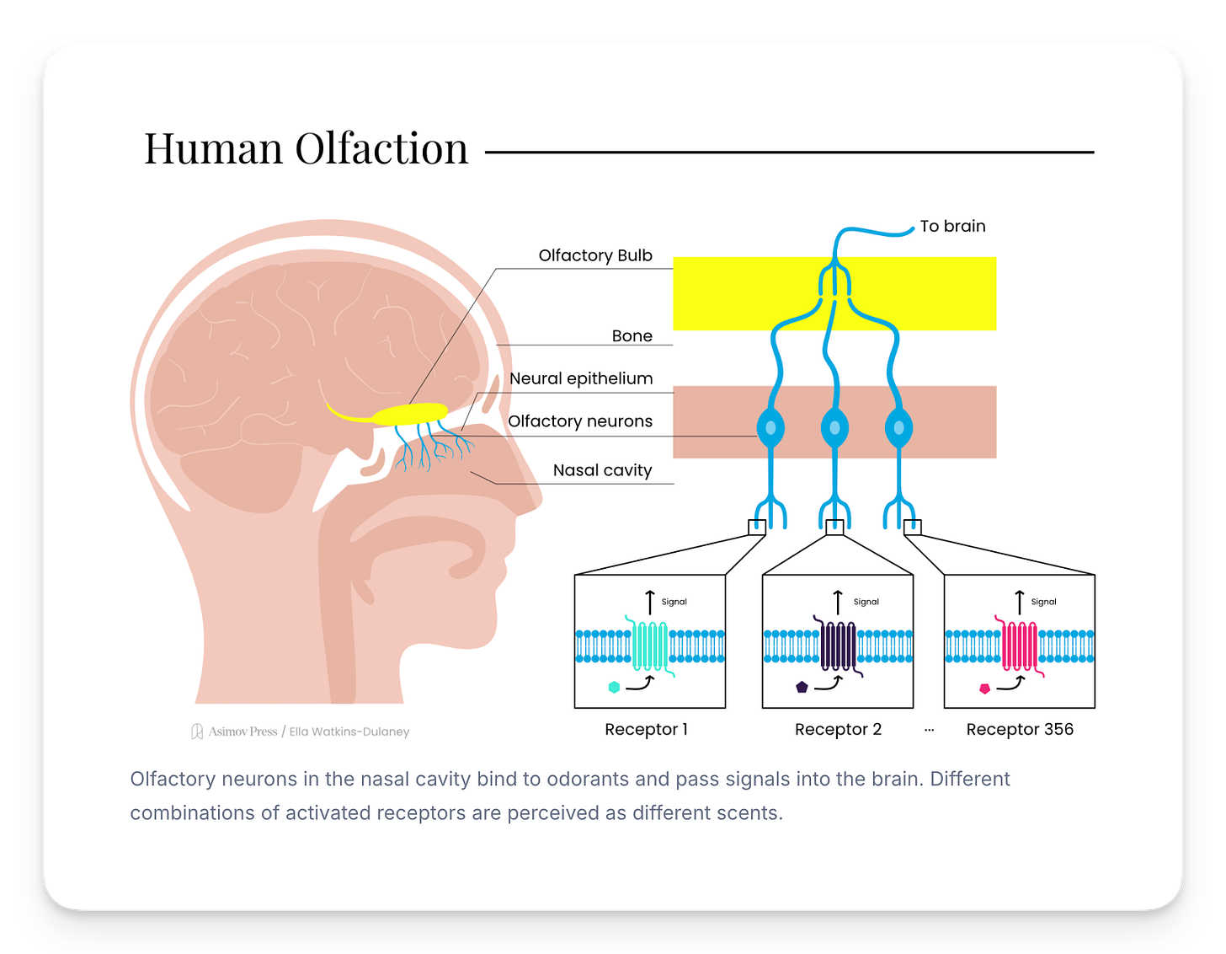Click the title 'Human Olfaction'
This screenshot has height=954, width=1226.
306,149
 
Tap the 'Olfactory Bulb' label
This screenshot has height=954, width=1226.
595,255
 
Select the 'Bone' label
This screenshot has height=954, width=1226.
632,335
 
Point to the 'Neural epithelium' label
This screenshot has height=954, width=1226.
581,378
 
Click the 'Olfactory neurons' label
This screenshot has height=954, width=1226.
580,421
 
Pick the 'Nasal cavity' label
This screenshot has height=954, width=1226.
602,470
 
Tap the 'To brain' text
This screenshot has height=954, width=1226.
952,226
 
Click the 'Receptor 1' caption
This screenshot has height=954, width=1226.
646,729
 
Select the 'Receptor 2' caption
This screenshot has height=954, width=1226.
838,729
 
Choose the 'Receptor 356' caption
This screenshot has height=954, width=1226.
1020,729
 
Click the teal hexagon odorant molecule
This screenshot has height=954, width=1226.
614,687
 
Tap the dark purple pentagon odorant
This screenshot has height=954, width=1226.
802,687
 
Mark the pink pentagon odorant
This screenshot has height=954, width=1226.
984,689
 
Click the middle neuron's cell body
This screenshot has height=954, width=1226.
834,428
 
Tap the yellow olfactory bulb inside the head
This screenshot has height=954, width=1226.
410,414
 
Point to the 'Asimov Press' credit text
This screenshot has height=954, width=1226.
243,732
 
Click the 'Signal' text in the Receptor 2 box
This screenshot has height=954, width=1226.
866,602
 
